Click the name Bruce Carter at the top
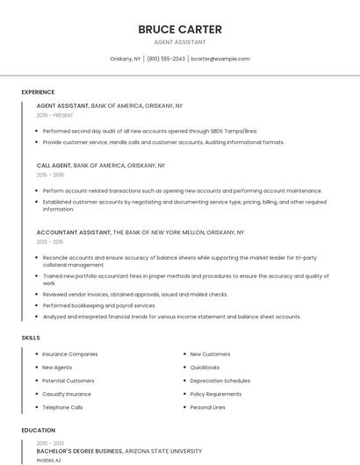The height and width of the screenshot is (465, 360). point(180,29)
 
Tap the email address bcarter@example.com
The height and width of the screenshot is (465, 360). point(220,59)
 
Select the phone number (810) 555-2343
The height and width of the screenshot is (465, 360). point(166,59)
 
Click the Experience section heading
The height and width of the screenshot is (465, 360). point(38,92)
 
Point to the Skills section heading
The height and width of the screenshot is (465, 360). point(31,338)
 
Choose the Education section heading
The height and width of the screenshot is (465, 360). point(39,431)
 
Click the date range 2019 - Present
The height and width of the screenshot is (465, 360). point(55,115)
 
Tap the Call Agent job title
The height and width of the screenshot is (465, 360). point(54,165)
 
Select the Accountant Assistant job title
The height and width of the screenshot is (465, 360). point(74,232)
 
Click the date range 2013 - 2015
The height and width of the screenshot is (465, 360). point(50,242)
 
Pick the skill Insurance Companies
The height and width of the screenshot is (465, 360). point(70,354)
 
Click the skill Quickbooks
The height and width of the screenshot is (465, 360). point(205,368)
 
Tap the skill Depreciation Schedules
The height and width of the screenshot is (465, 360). point(220,381)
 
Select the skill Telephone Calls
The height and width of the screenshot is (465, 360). point(62,407)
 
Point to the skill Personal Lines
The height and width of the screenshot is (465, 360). point(207,407)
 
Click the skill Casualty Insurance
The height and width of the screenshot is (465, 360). point(67,394)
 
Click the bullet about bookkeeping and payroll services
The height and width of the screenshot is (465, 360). point(99,305)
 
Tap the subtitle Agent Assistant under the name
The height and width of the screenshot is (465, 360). point(180,42)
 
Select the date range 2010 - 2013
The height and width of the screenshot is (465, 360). point(49,443)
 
